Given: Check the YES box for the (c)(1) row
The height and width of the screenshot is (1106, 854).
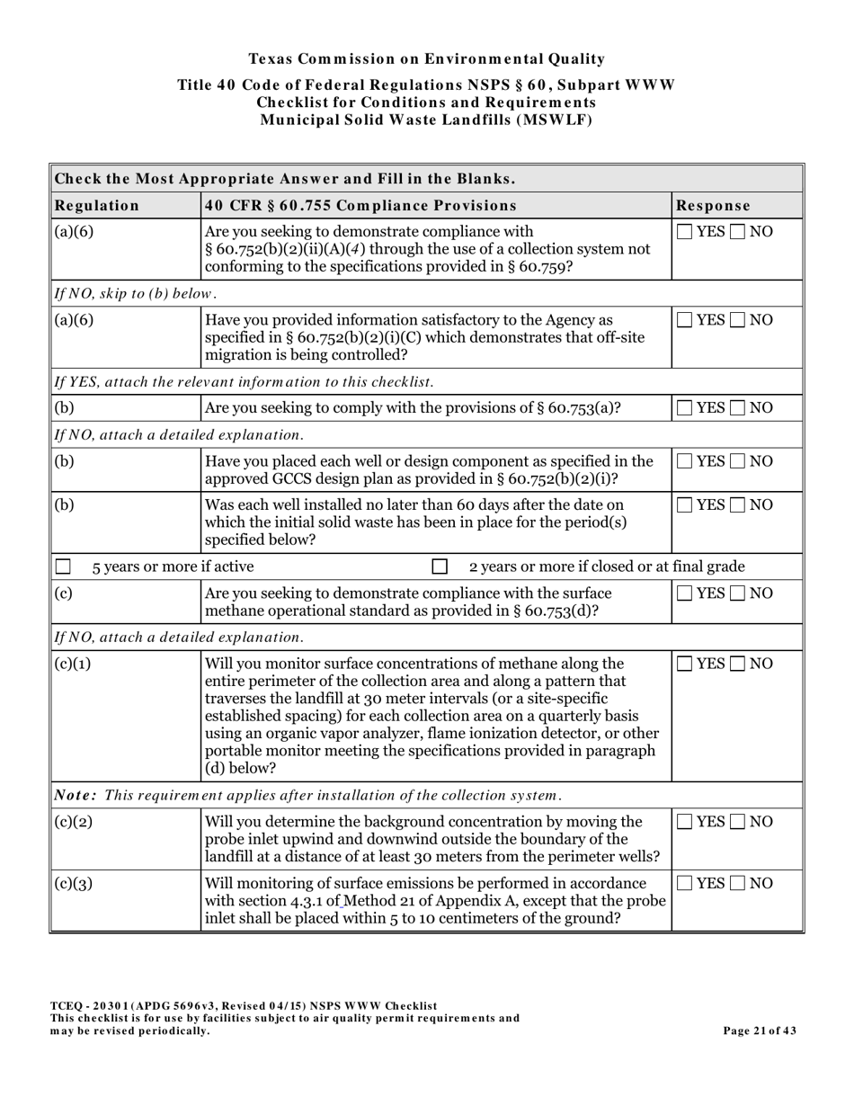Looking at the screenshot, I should click(685, 664).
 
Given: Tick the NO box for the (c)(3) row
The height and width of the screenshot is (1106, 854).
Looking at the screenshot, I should click(738, 883).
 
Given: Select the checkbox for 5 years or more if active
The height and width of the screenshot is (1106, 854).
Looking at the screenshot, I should click(63, 566).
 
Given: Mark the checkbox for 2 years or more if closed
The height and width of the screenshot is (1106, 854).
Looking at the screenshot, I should click(440, 566).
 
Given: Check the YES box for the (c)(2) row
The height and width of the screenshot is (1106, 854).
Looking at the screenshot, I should click(685, 821).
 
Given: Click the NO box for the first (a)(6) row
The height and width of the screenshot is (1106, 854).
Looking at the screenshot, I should click(738, 231).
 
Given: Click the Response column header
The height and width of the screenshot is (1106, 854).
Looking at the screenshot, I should click(713, 205).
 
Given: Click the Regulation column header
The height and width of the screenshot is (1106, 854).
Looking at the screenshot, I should click(97, 205).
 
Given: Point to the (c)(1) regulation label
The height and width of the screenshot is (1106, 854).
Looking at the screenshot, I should click(73, 664).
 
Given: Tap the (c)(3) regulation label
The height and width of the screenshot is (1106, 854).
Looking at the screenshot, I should click(73, 884).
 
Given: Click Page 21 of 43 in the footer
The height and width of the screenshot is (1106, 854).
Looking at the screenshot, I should click(760, 1031).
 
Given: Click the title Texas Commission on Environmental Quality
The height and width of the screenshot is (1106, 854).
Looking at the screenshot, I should click(426, 59).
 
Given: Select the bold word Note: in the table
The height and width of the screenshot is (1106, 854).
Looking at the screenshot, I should click(77, 795).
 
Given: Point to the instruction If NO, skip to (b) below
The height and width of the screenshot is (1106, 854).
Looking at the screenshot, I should click(136, 293).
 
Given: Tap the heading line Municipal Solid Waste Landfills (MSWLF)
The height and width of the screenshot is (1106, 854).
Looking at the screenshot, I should click(426, 120).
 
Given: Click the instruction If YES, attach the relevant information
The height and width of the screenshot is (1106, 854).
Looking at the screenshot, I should click(244, 381).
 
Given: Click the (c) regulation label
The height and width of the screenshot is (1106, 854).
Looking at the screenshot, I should click(64, 593).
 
